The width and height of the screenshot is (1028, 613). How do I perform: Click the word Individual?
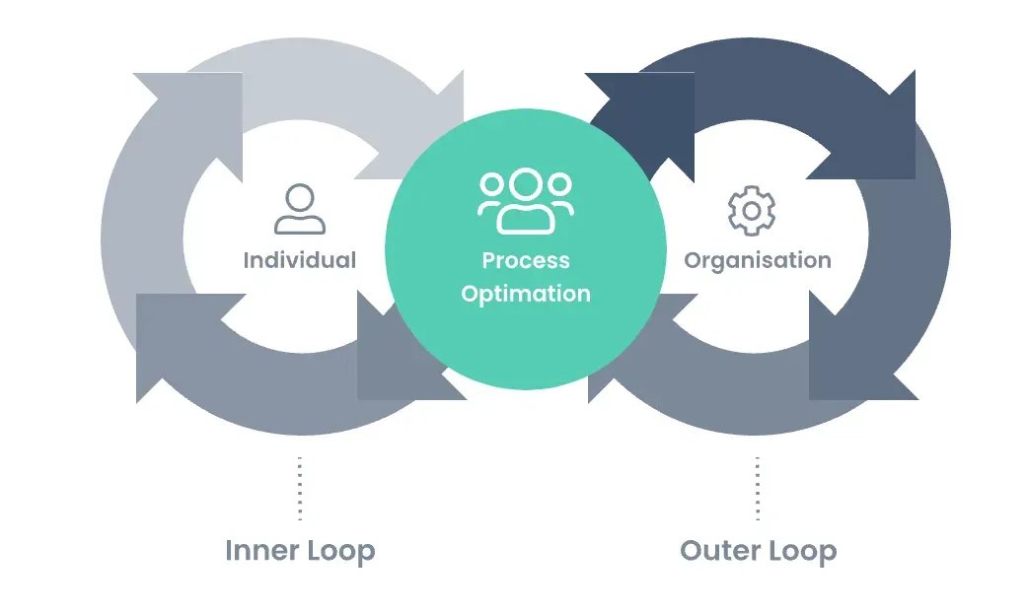[x=299, y=260]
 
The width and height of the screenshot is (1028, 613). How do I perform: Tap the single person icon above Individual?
[x=299, y=210]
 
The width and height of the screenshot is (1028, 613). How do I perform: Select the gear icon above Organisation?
[x=751, y=210]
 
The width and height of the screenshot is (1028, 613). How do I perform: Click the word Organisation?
[x=757, y=260]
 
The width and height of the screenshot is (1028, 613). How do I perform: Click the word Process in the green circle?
[x=525, y=260]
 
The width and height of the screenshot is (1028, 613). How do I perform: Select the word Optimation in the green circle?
[x=525, y=294]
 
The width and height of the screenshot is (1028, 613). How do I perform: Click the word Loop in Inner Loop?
[x=338, y=550]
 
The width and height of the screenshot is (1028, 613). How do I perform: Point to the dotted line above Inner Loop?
[x=299, y=488]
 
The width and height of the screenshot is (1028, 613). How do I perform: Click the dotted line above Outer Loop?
[x=757, y=488]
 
